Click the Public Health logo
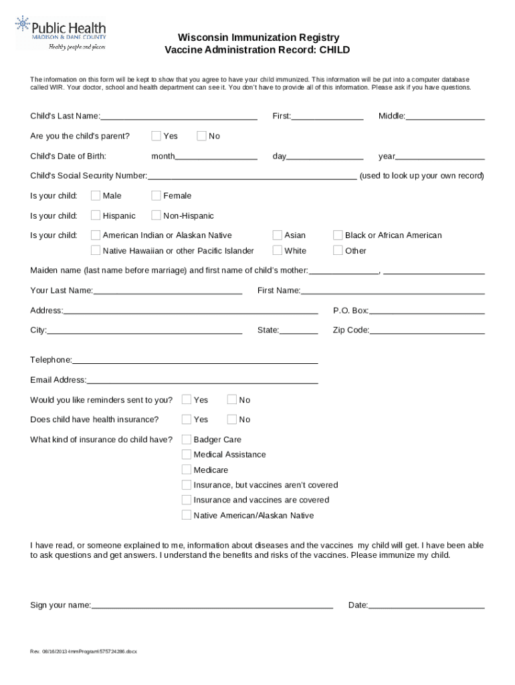[61, 33]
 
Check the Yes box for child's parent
[156, 136]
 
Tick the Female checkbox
[156, 196]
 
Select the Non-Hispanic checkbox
[156, 215]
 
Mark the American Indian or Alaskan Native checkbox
[96, 235]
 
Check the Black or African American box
[338, 235]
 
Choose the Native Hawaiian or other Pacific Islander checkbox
[96, 251]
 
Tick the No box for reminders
[232, 400]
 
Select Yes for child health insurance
[187, 419]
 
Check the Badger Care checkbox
[187, 439]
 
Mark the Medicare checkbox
[187, 470]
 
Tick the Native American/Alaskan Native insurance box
[187, 516]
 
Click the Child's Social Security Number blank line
[251, 177]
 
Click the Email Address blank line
[202, 381]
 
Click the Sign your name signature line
[212, 606]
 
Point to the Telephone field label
[51, 360]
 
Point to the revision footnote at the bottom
[84, 651]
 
